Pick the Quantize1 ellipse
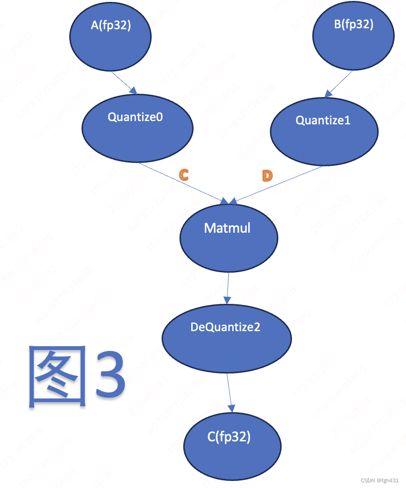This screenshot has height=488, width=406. coord(324,130)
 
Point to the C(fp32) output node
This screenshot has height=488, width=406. coord(232,446)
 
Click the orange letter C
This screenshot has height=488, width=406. coord(184,175)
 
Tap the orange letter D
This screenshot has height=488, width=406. coord(267,176)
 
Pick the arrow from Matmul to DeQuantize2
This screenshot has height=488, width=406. coord(228,287)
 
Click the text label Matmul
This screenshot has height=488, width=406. coord(227,228)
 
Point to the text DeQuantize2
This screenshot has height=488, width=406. coord(225,327)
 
